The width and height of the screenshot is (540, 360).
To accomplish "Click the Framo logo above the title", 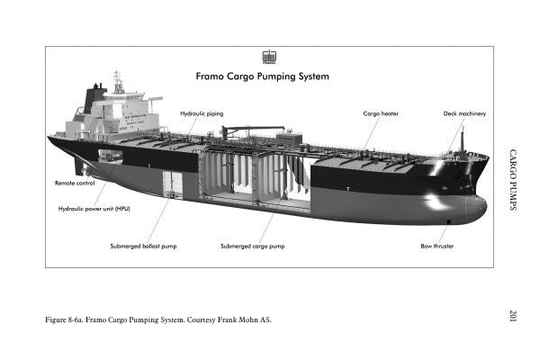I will [268, 57].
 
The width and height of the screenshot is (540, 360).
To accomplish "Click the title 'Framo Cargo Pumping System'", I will [262, 76].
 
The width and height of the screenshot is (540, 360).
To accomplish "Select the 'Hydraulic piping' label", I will [202, 114].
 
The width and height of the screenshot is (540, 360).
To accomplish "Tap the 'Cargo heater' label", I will [381, 114].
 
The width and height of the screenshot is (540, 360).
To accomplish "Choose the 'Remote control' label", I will [75, 183].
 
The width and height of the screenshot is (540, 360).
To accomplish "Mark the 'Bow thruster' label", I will [436, 245].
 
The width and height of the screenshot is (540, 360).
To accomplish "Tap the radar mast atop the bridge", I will [118, 82].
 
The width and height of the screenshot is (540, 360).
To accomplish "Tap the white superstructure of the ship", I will [126, 112].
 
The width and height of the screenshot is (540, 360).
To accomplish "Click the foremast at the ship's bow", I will [463, 139].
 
